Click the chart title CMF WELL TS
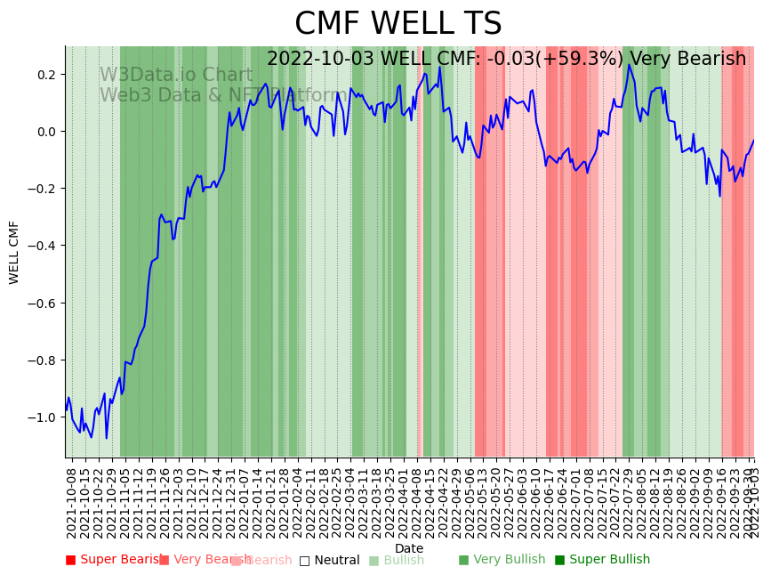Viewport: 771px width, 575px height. click(x=398, y=24)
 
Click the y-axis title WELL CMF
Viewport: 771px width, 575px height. click(x=14, y=252)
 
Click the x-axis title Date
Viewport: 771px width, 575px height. click(x=409, y=548)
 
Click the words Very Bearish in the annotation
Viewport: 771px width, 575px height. click(x=700, y=59)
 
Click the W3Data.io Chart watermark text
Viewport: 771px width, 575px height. click(x=176, y=75)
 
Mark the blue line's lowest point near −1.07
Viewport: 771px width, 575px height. click(x=107, y=438)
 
